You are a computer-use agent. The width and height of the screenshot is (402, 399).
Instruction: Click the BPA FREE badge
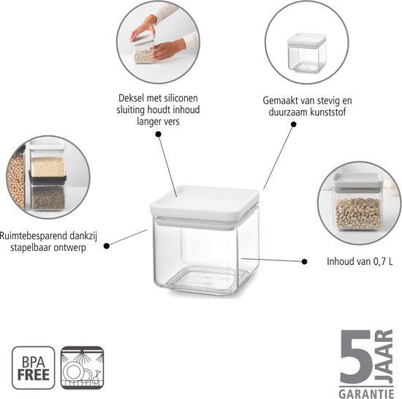coord(34,368)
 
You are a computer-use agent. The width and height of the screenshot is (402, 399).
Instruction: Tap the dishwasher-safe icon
coord(83,368)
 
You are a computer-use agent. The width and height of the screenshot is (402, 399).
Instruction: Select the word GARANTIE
coord(366,393)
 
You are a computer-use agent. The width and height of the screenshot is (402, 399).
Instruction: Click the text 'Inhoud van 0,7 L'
coord(360,262)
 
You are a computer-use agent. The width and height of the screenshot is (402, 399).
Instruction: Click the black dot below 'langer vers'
coord(159,134)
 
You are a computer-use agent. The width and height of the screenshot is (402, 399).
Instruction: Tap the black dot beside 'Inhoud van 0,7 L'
coord(304,262)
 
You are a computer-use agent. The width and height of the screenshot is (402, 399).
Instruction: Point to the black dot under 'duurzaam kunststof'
coord(294,125)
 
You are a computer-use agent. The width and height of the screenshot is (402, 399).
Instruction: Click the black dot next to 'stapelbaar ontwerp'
coord(107,246)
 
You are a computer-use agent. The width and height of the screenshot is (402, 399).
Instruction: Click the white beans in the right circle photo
coord(358,214)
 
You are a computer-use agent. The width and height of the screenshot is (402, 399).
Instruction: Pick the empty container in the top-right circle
coord(307,53)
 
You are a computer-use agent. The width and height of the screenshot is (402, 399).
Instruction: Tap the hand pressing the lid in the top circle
coord(143,28)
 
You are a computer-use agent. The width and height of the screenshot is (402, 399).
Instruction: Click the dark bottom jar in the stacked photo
coord(48,194)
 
